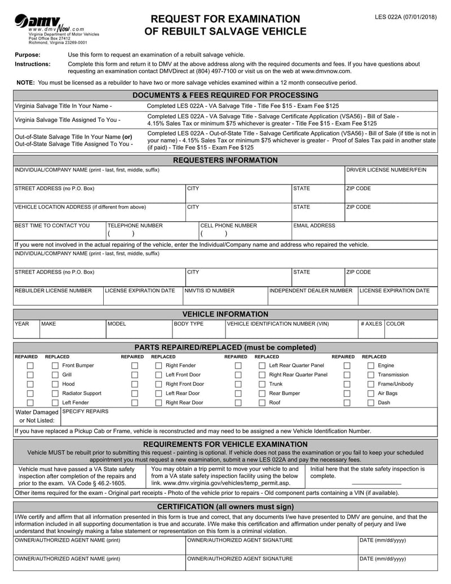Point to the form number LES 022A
(x=406, y=17)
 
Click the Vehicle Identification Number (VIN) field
(x=290, y=332)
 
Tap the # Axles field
(x=370, y=332)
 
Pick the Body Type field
(x=198, y=332)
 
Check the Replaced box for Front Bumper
(x=55, y=366)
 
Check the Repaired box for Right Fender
(x=135, y=366)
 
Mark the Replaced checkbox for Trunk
(x=262, y=384)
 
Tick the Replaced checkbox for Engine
(x=370, y=366)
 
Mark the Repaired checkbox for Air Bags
(x=347, y=393)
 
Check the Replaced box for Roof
(x=262, y=402)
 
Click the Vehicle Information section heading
(x=225, y=314)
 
